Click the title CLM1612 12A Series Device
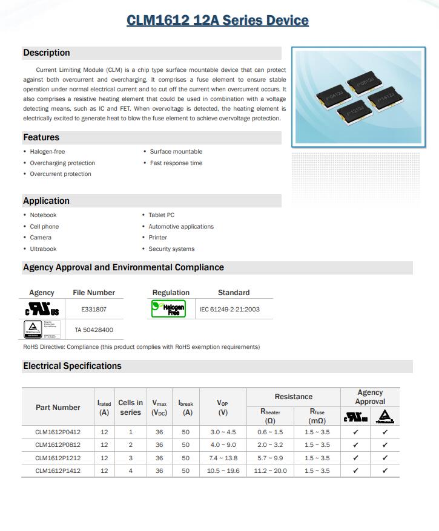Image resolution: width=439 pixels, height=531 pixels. (217, 21)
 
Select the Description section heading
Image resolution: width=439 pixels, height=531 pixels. (47, 53)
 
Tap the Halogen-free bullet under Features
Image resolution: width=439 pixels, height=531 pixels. (47, 152)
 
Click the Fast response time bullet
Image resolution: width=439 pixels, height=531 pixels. (176, 163)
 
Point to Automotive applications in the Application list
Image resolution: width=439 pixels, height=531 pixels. (181, 227)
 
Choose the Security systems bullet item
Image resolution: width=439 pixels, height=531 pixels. (171, 249)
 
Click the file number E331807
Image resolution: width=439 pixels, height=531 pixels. (94, 309)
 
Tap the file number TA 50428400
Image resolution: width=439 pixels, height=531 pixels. (94, 330)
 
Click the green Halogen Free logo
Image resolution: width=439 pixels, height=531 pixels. (164, 309)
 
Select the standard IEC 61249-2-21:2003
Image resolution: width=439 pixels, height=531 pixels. (229, 309)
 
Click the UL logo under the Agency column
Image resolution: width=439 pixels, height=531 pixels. (42, 310)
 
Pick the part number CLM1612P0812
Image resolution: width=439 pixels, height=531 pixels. (58, 445)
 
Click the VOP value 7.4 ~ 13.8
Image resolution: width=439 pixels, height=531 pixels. (223, 458)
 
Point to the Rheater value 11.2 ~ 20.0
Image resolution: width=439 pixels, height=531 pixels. (271, 471)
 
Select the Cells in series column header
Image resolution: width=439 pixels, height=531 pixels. (130, 407)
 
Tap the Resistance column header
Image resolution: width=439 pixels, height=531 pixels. (294, 397)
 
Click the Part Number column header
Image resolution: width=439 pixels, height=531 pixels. (58, 408)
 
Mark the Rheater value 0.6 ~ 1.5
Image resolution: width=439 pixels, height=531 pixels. (270, 432)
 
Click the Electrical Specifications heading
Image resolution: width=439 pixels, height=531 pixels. (72, 366)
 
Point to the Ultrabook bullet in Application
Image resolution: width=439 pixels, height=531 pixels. (43, 249)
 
